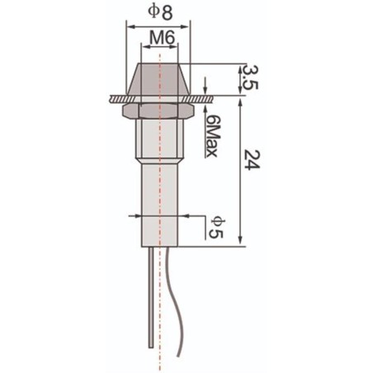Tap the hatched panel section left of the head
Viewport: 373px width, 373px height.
(x=116, y=97)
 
